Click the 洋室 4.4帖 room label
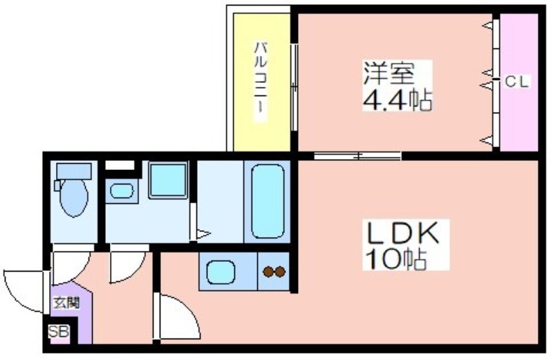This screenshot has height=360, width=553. click(397, 86)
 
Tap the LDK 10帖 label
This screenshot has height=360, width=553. click(402, 245)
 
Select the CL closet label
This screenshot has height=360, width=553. click(516, 82)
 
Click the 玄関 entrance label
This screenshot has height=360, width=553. click(66, 303)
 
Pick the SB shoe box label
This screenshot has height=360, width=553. click(59, 332)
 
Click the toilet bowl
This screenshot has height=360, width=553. click(74, 198)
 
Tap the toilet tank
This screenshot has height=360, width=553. click(74, 171)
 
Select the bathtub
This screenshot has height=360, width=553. click(268, 201)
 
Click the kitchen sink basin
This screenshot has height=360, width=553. click(221, 272)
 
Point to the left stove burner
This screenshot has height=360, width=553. click(268, 272)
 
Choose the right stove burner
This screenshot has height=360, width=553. click(280, 272)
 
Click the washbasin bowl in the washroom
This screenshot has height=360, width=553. click(122, 191)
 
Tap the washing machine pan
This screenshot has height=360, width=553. click(168, 180)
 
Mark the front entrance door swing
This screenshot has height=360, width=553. click(24, 291)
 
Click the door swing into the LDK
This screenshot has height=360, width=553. click(177, 316)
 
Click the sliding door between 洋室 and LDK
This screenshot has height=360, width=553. click(357, 155)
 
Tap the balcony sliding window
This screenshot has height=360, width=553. click(294, 87)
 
